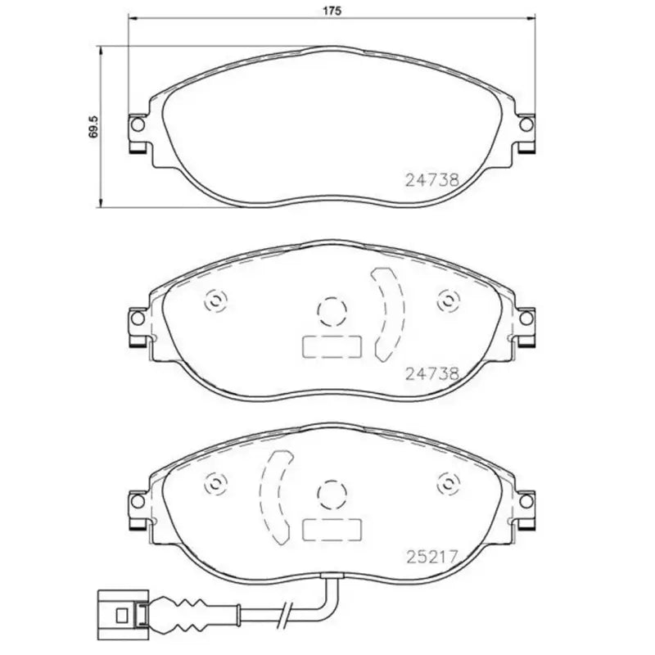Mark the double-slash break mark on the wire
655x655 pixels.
pyautogui.click(x=284, y=613)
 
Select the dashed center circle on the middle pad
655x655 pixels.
pyautogui.click(x=331, y=309)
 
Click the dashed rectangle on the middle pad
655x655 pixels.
pyautogui.click(x=332, y=347)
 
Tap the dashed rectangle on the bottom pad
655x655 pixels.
pyautogui.click(x=332, y=531)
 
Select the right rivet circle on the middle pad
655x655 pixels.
pyautogui.click(x=446, y=300)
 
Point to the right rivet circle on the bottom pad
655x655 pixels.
pyautogui.click(x=446, y=483)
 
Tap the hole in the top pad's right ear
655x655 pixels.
pyautogui.click(x=525, y=125)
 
